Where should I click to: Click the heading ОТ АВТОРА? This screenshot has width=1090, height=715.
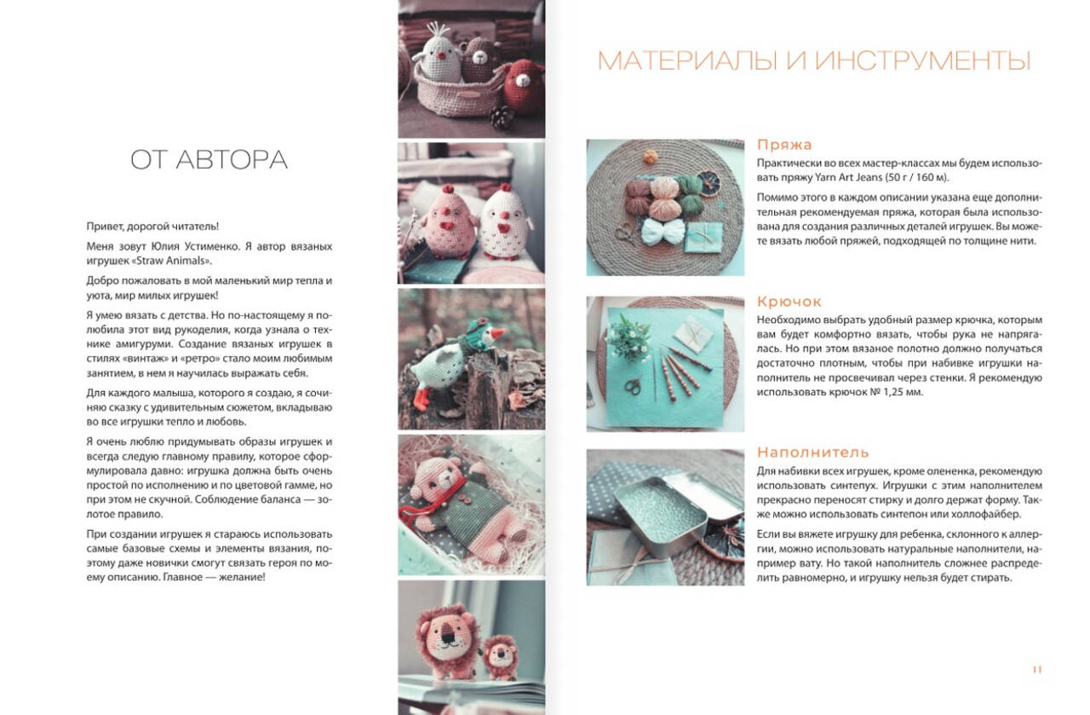209,159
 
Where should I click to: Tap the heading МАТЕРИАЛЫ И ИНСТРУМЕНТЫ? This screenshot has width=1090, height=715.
813,61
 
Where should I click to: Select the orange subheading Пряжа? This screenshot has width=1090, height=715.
784,145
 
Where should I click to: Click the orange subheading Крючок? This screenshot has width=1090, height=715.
789,302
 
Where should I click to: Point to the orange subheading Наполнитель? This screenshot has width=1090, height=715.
812,453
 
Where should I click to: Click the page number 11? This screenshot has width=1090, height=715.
1037,670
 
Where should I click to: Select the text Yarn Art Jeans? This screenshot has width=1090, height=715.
849,177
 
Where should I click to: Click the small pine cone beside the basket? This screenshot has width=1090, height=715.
502,118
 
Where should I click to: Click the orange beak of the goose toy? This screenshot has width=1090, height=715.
497,334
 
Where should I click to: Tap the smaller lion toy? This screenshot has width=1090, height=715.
501,658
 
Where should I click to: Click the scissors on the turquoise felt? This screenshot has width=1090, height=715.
633,387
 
